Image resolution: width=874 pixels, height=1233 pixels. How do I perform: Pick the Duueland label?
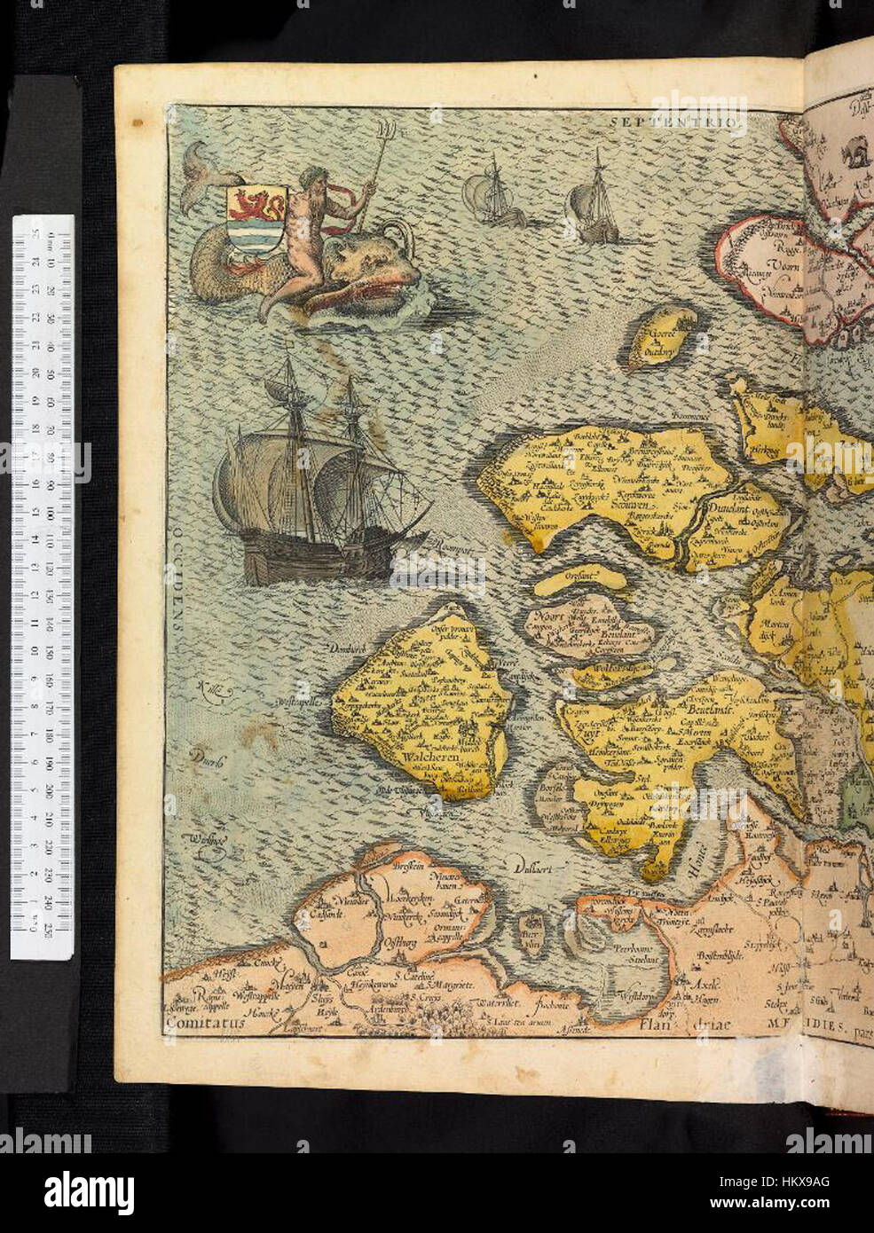coord(731,510)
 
